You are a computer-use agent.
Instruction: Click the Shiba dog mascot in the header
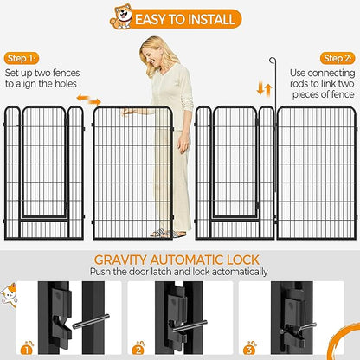point(121,16)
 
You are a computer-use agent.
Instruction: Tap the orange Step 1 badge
point(22,59)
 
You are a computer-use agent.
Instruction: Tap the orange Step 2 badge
point(337,59)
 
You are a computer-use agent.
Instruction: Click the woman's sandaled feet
point(168,233)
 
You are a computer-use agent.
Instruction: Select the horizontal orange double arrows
point(89,100)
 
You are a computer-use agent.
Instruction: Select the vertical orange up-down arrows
point(265,89)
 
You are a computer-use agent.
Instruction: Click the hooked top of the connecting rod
point(273,61)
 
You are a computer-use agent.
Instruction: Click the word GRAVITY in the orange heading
point(120,260)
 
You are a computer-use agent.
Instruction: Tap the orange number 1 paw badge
point(27,349)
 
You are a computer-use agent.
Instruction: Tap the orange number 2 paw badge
point(138,349)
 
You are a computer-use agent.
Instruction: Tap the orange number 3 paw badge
point(249,349)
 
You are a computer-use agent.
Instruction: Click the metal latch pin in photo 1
point(91,321)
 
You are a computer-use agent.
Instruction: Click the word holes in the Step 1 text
point(66,84)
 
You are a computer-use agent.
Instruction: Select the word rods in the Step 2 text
point(299,84)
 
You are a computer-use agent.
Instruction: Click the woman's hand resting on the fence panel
point(128,112)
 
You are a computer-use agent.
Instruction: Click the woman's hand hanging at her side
point(183,145)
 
